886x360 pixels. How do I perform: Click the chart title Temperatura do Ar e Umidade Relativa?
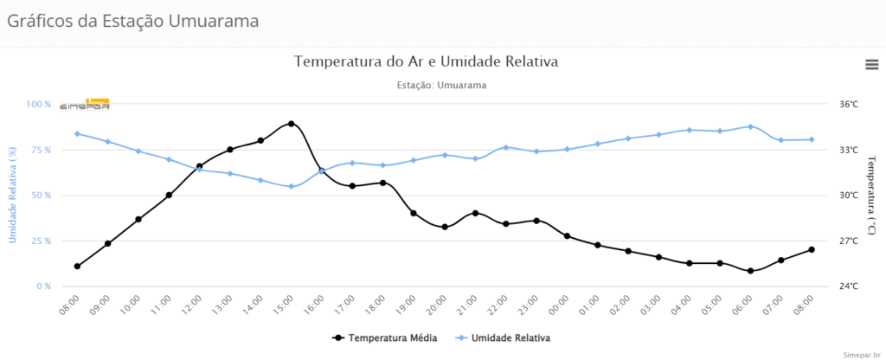tap(426, 61)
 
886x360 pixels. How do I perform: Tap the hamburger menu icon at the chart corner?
tap(872, 64)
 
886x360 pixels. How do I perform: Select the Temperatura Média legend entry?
tap(386, 337)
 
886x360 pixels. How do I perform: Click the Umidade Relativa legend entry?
tap(503, 337)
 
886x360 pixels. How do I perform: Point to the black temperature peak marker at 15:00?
tap(291, 124)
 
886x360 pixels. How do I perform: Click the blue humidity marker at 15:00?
tap(291, 186)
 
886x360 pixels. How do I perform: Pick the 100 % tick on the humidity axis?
tap(39, 105)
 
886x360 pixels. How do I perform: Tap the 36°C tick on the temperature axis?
tap(849, 105)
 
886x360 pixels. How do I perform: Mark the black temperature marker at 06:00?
tap(750, 271)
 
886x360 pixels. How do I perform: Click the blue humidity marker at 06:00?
tap(750, 126)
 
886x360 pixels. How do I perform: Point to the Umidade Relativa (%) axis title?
tap(13, 196)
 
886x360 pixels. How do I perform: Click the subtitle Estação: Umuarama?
tap(441, 86)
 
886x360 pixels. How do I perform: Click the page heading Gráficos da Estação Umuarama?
tap(133, 20)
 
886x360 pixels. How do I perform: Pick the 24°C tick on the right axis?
tap(849, 286)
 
